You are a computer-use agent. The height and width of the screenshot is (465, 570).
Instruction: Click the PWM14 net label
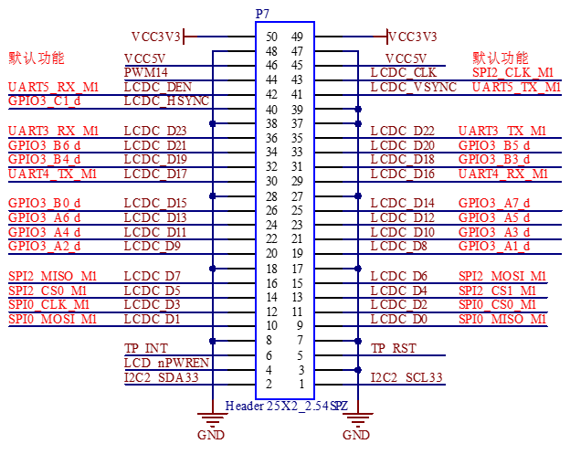click(x=146, y=72)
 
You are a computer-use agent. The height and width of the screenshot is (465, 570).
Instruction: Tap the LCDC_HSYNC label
click(x=166, y=100)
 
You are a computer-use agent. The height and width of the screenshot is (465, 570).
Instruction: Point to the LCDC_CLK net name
click(x=403, y=72)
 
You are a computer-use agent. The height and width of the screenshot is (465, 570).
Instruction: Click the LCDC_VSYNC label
click(x=414, y=87)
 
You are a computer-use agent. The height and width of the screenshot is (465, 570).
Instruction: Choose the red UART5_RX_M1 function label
click(x=54, y=87)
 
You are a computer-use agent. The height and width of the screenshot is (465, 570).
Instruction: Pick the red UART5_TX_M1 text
click(x=517, y=87)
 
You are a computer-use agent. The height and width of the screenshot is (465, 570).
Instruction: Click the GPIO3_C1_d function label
click(x=45, y=100)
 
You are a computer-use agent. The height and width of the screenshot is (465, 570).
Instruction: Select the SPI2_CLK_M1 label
click(x=513, y=72)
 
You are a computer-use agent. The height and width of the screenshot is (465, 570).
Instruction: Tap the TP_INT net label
click(x=146, y=348)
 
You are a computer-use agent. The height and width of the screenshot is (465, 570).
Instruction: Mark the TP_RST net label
click(x=394, y=348)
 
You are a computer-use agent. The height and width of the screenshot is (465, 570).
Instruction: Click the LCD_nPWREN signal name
click(x=166, y=363)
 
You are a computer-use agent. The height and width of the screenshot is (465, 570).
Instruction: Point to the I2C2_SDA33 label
click(x=161, y=377)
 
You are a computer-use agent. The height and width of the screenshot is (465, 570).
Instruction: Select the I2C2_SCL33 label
click(x=406, y=377)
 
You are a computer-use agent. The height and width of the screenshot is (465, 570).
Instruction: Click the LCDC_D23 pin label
click(x=154, y=131)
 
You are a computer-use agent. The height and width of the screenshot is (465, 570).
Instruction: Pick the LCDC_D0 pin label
click(x=399, y=319)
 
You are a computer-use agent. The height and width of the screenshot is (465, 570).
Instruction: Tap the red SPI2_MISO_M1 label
click(x=53, y=276)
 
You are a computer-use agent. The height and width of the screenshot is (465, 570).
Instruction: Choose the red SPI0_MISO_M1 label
click(x=503, y=319)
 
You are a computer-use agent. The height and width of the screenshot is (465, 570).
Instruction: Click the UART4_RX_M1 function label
click(x=504, y=174)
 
